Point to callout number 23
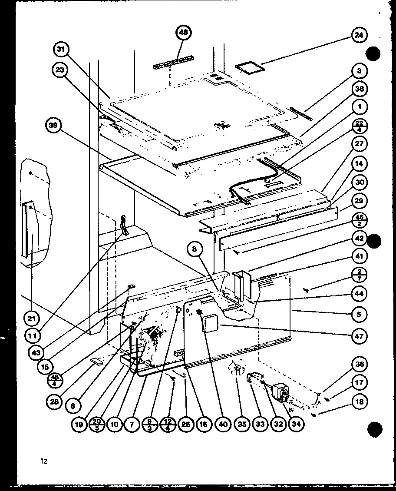(x=61, y=70)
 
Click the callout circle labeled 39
(x=54, y=126)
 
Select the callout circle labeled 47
(x=360, y=335)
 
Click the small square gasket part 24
(x=250, y=68)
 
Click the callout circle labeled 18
(x=360, y=402)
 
